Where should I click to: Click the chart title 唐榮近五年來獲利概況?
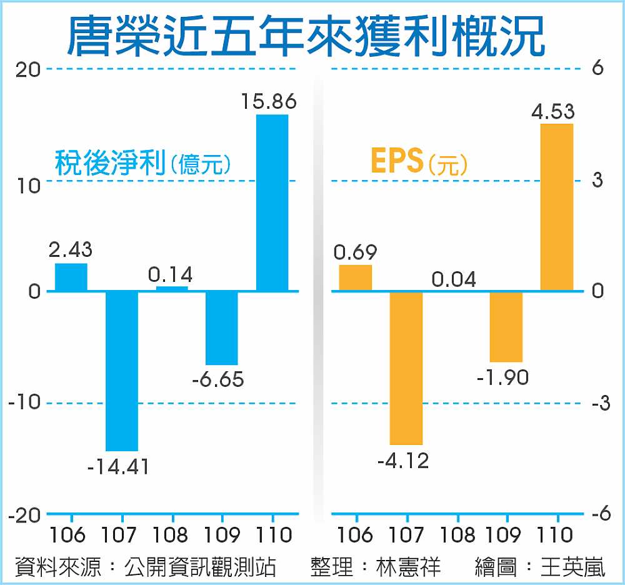pos(306,36)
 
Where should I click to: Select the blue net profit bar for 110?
pos(272,202)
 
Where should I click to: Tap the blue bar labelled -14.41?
pos(122,371)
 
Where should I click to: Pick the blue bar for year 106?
pos(71,277)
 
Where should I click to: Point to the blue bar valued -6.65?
pos(222,327)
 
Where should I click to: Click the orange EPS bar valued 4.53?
pos(556,207)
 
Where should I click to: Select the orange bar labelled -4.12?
pos(406,367)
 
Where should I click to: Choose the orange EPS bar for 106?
pos(356,278)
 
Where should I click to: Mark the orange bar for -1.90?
pos(506,326)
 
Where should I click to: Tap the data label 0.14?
pos(170,274)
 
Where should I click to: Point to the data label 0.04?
pos(454,279)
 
